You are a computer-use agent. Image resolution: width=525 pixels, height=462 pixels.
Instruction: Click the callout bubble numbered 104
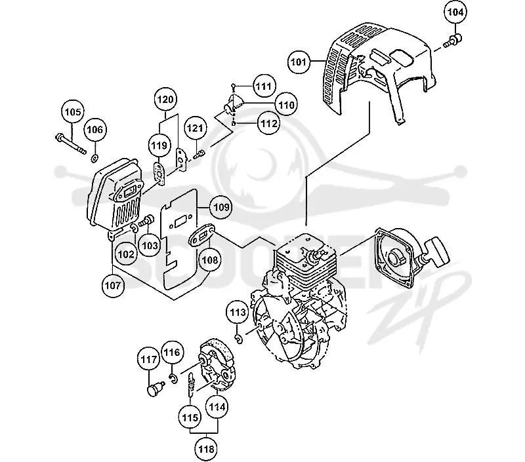(x=455, y=12)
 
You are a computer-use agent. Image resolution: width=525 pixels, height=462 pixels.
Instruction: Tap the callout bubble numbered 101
(x=299, y=62)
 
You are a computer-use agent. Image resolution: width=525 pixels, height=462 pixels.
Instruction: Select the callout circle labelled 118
(x=206, y=449)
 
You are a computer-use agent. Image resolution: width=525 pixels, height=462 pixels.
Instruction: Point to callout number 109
(x=221, y=207)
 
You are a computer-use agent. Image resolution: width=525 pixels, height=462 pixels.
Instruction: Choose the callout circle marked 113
(x=238, y=313)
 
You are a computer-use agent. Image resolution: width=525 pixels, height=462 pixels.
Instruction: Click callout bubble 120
(x=166, y=100)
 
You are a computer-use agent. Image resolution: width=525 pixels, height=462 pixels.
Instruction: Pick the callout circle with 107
(x=113, y=286)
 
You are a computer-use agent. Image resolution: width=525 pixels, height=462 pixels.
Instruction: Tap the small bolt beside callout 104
(x=452, y=41)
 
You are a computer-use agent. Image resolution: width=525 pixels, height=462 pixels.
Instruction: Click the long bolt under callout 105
(x=71, y=143)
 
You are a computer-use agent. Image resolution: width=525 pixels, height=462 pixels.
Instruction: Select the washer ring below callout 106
(x=94, y=157)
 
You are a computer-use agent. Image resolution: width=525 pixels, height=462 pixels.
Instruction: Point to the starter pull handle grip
(x=438, y=252)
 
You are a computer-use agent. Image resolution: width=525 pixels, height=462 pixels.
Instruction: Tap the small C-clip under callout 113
(x=239, y=339)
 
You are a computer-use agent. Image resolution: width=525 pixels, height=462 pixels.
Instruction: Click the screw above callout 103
(x=146, y=220)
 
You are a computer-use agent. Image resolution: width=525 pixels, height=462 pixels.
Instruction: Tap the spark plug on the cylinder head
(x=315, y=256)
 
